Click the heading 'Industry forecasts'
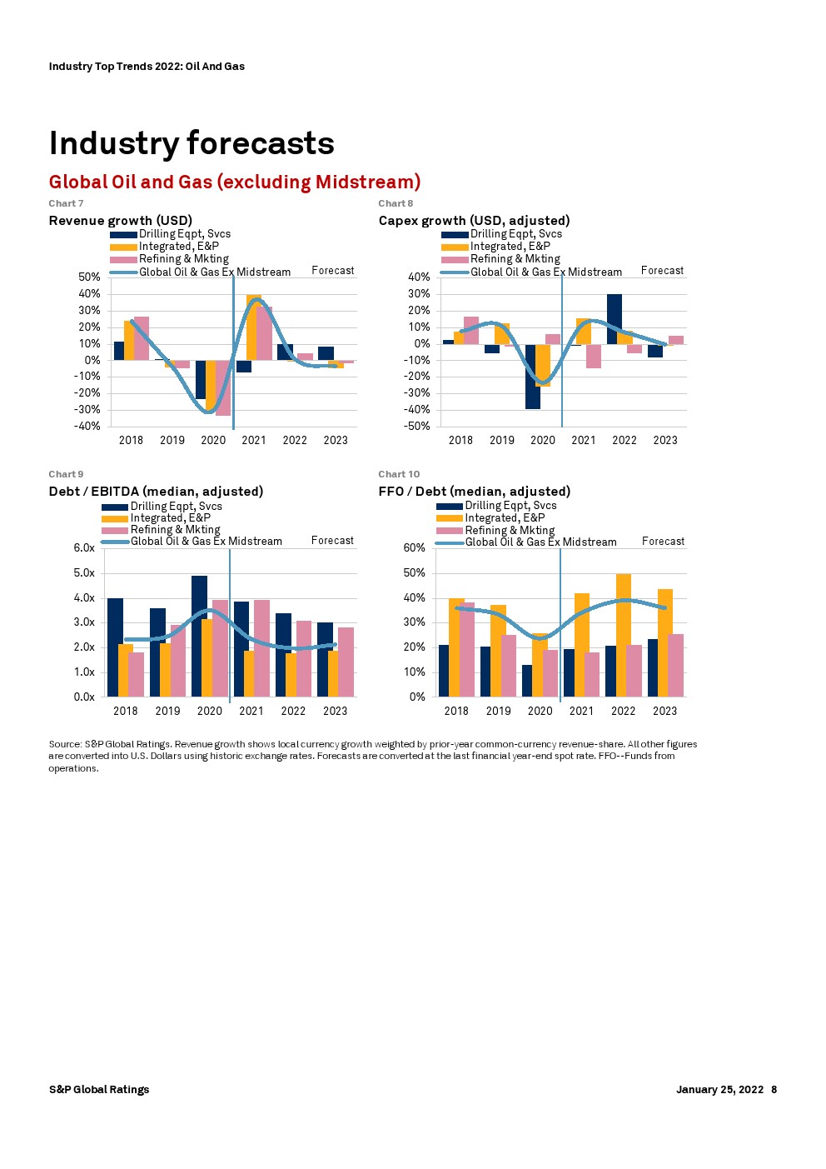point(192,143)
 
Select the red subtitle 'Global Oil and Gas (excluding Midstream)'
point(234,182)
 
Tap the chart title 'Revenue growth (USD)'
point(120,221)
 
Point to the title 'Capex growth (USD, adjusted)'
point(474,221)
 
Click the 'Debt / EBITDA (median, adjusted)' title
point(156,492)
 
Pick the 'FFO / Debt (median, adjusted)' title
point(474,492)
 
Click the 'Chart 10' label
point(399,474)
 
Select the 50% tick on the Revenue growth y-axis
point(89,277)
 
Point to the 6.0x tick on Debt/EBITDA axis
point(84,548)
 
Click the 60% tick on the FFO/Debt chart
point(415,548)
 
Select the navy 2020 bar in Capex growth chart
point(532,377)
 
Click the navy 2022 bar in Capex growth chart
point(615,319)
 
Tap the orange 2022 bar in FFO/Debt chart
point(624,635)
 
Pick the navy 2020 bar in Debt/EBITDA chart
point(199,636)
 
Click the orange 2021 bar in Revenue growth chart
point(253,327)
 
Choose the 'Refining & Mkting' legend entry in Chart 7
point(183,259)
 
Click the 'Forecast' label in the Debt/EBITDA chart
point(332,541)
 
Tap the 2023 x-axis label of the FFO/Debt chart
point(664,712)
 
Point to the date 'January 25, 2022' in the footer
point(719,1090)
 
